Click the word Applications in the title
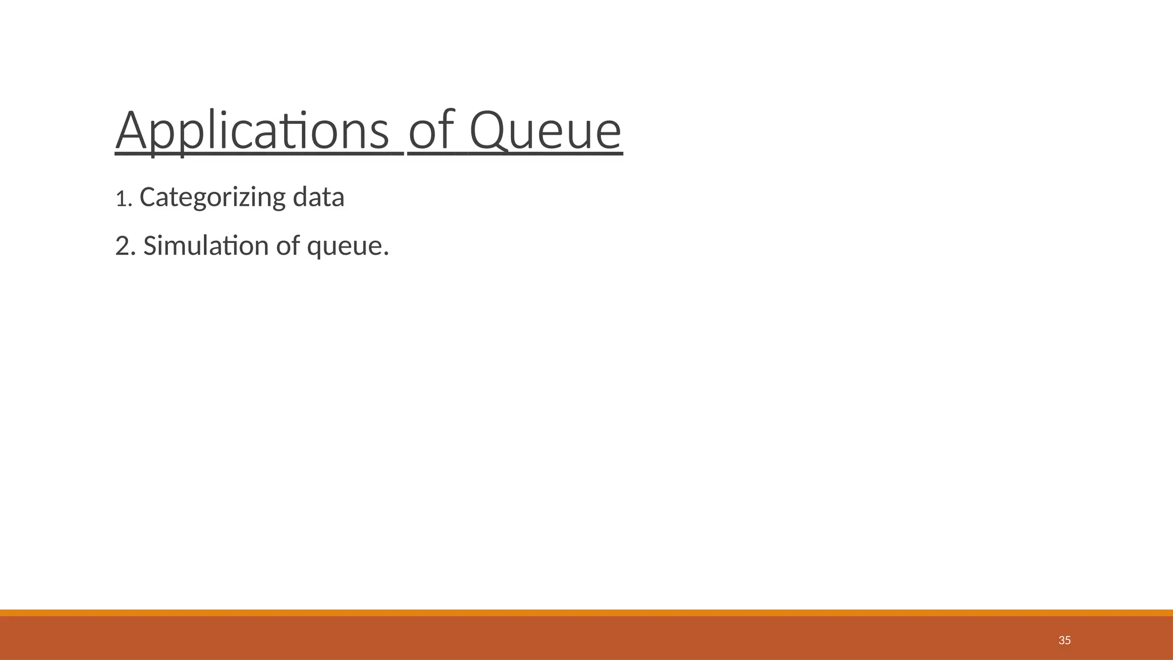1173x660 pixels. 252,131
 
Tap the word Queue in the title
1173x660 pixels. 545,131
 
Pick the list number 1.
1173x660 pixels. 120,199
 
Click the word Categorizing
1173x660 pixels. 212,198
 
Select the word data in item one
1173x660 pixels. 318,197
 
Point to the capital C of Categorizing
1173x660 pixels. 147,198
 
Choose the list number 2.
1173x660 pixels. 122,246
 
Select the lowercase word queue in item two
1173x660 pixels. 345,247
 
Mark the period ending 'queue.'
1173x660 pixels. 387,254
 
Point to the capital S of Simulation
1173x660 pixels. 149,246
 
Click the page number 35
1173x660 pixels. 1064,641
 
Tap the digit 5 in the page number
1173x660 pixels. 1068,641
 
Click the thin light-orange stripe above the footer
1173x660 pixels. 586,612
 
